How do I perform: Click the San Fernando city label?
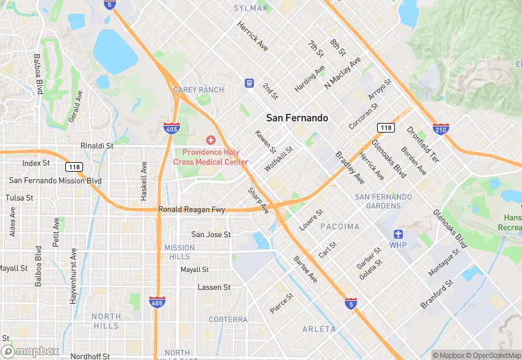point(297,118)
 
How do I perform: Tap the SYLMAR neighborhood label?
point(251,8)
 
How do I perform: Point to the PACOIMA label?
point(339,227)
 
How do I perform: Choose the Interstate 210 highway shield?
point(441,128)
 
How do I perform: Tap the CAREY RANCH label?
point(198,90)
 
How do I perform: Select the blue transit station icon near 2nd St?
point(249,83)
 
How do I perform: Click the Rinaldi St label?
point(97,146)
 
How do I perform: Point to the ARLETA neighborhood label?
point(319,329)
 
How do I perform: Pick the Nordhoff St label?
point(85,356)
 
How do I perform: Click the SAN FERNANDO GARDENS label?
point(383,201)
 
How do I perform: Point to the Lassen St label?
point(214,287)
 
